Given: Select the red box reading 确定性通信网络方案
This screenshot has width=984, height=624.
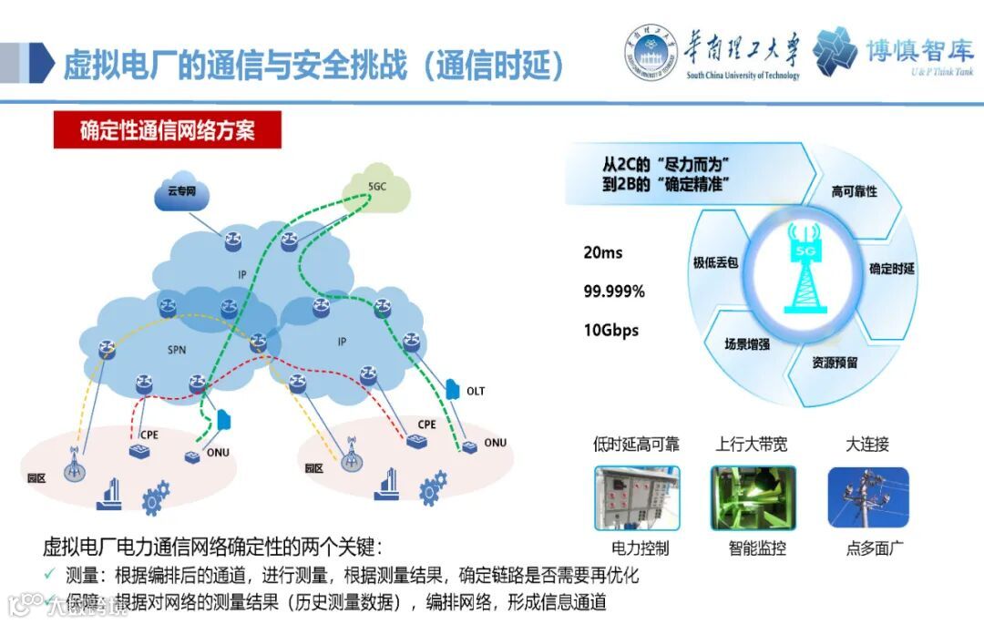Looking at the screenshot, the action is pyautogui.click(x=167, y=130).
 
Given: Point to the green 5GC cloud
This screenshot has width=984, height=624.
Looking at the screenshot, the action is pyautogui.click(x=377, y=189).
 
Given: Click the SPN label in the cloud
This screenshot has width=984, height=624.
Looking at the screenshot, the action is pyautogui.click(x=177, y=350).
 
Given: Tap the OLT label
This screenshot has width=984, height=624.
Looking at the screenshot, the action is pyautogui.click(x=476, y=392).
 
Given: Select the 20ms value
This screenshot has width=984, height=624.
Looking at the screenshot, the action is pyautogui.click(x=603, y=252).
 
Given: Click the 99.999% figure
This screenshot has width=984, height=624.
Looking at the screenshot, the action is pyautogui.click(x=614, y=292).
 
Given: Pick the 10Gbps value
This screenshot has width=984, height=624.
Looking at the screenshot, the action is pyautogui.click(x=611, y=331).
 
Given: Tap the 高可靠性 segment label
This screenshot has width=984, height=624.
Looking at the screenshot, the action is pyautogui.click(x=854, y=191).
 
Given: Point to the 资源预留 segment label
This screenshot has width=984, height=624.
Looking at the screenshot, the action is pyautogui.click(x=835, y=362).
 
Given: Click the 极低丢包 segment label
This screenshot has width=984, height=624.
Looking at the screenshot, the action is pyautogui.click(x=715, y=262).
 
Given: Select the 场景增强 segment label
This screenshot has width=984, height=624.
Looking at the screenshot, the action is pyautogui.click(x=746, y=343).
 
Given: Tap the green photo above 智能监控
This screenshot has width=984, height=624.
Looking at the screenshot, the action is pyautogui.click(x=753, y=497).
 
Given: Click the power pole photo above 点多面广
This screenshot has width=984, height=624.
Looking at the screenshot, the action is pyautogui.click(x=867, y=497).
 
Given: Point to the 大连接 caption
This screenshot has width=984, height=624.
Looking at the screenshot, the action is pyautogui.click(x=866, y=445).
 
